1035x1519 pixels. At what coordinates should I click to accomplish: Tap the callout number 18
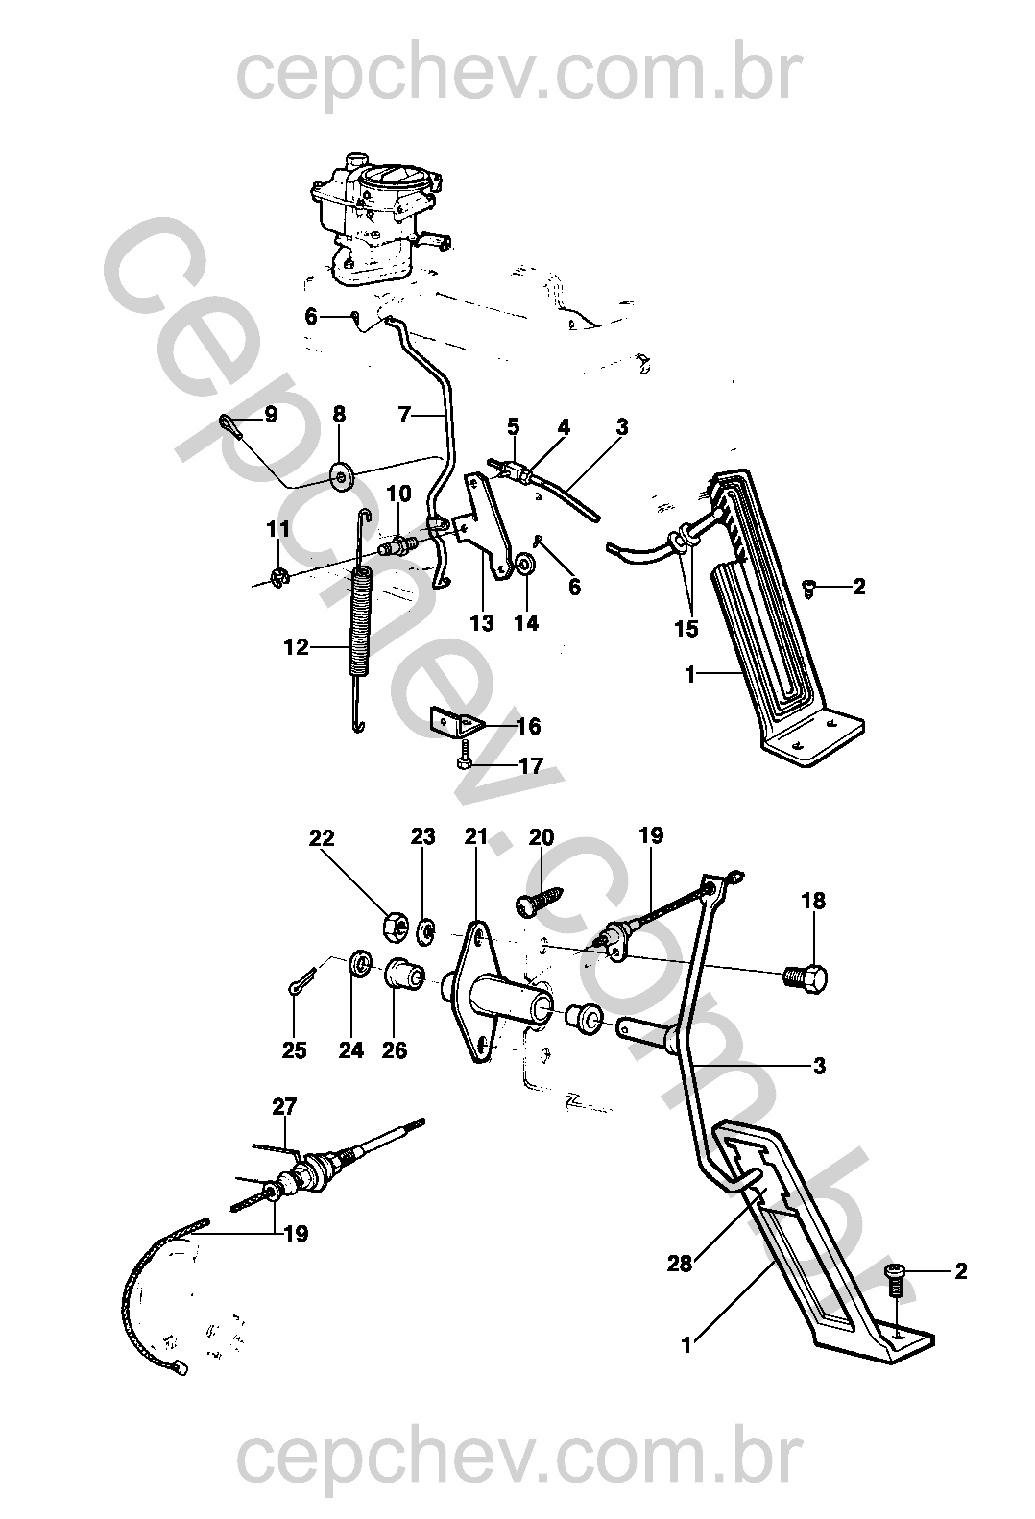813,901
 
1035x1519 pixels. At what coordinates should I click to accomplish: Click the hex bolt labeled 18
806,978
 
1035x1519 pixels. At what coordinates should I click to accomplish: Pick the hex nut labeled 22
394,926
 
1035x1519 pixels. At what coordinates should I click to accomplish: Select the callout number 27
284,1107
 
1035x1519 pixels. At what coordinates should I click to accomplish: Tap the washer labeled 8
341,474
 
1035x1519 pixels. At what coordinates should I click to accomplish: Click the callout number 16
528,726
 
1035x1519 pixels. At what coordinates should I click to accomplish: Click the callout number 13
482,622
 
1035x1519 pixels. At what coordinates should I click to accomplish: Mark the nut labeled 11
278,577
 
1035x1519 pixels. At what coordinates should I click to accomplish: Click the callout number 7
405,414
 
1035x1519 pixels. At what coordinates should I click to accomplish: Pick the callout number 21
475,836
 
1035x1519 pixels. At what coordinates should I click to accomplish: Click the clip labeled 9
229,425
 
